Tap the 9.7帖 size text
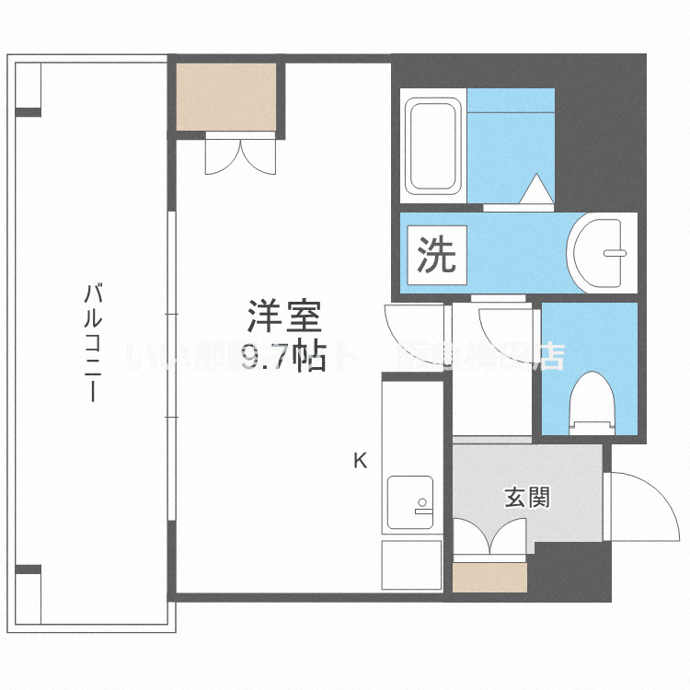tap(282, 357)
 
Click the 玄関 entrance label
tap(527, 498)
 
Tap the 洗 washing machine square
tap(436, 255)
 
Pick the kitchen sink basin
tap(410, 501)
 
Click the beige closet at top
tap(225, 96)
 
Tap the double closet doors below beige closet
tap(239, 154)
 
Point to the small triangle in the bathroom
tap(535, 189)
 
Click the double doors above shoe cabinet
tap(489, 539)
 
